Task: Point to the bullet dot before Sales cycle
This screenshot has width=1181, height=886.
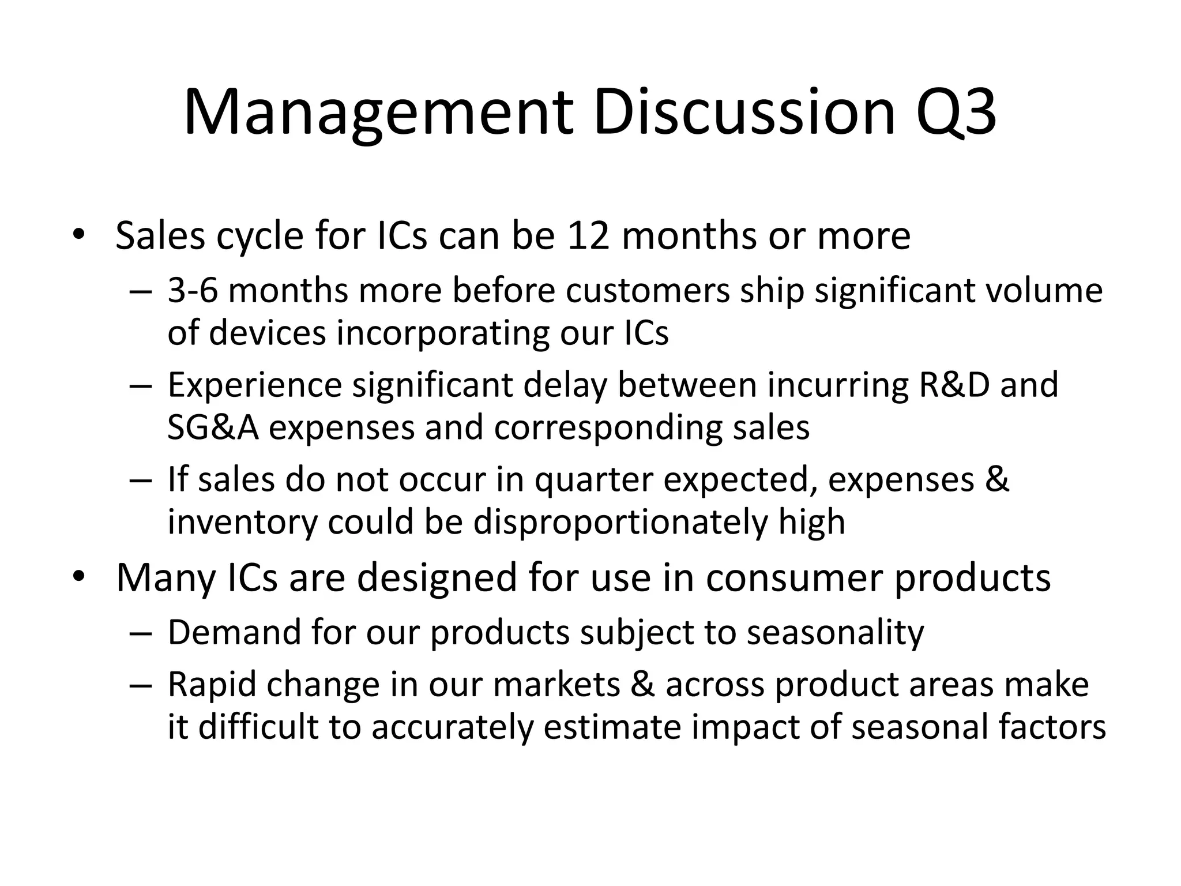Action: [x=79, y=235]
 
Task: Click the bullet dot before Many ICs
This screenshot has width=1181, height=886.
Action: [x=79, y=576]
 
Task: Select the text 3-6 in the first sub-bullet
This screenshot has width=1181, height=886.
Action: [x=193, y=290]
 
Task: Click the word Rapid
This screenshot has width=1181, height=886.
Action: [x=212, y=685]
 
